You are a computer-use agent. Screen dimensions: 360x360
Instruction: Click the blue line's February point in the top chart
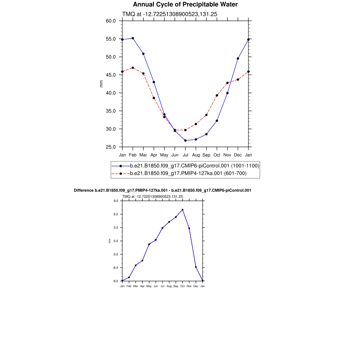coord(133,38)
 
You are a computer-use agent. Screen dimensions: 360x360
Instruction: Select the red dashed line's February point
coord(133,67)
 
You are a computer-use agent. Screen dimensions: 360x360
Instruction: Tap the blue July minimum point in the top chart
coord(185,140)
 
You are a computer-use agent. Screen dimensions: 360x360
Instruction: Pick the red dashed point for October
coord(217,95)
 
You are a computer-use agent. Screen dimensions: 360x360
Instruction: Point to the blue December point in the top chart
coord(238,58)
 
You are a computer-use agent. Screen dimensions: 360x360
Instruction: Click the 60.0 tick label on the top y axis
coord(111,21)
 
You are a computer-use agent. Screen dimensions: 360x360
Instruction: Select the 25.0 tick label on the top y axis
coord(111,147)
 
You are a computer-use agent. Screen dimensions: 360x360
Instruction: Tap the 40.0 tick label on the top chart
coord(111,93)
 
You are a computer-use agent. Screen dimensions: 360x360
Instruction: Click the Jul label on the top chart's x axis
coord(185,155)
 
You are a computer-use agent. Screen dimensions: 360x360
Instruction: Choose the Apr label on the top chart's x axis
coord(154,155)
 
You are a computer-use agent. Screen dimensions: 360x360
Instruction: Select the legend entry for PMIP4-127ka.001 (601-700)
coord(188,173)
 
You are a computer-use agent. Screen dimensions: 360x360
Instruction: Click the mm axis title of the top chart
coord(101,84)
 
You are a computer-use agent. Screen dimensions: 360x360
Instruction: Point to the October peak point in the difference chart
coord(182,210)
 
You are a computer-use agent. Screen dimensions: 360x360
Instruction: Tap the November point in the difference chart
coord(189,228)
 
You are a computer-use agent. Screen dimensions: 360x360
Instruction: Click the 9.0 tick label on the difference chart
coord(116,201)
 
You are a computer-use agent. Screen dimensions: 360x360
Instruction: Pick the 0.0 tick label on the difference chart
coord(116,241)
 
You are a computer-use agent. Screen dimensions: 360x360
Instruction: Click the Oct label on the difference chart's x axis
coord(182,286)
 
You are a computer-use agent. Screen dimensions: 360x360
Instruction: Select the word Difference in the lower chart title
coord(84,191)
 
